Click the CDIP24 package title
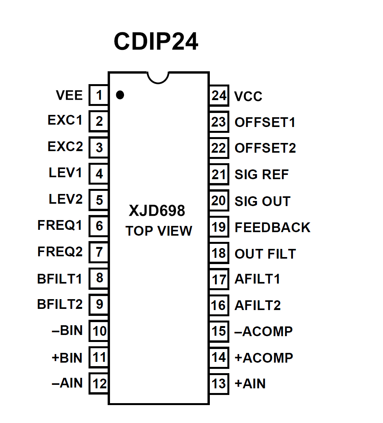[x=156, y=42]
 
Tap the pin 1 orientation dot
[x=120, y=95]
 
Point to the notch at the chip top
[x=158, y=78]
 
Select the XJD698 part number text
[x=157, y=211]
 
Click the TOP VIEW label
[x=159, y=231]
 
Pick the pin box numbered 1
[x=99, y=95]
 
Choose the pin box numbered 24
[x=219, y=96]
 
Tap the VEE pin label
[x=69, y=95]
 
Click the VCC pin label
[x=248, y=97]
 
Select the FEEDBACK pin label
[x=272, y=227]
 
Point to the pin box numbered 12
[x=99, y=384]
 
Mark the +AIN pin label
[x=250, y=384]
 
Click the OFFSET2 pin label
[x=265, y=148]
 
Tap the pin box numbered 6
[x=99, y=226]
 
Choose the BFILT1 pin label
[x=60, y=279]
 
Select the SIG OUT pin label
[x=262, y=201]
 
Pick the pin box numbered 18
[x=219, y=253]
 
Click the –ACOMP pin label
[x=264, y=331]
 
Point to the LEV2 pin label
[x=66, y=199]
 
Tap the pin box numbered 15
[x=219, y=331]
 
